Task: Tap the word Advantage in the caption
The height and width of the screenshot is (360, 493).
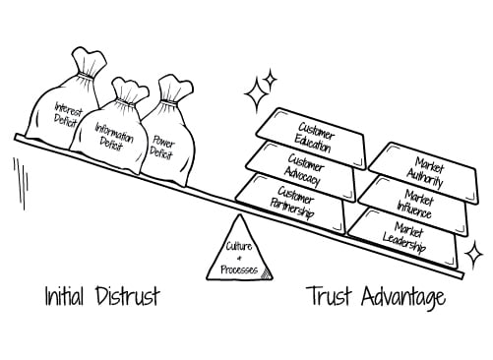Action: point(403,296)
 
